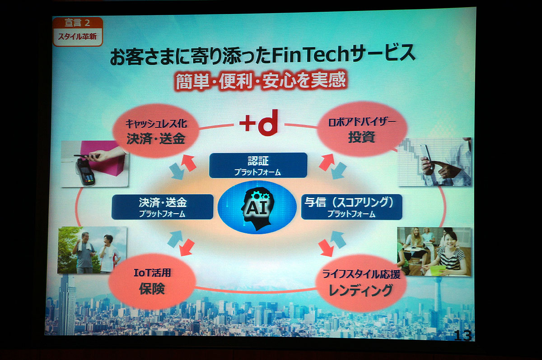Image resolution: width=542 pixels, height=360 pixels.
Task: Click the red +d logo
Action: click(x=258, y=122)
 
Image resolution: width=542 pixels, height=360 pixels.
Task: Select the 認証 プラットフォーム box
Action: click(x=258, y=165)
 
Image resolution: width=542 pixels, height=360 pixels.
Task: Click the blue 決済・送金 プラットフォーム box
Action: click(x=162, y=207)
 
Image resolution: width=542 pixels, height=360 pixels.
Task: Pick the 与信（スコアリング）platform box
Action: click(x=351, y=207)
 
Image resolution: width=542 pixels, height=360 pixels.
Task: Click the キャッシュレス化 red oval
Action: click(x=156, y=131)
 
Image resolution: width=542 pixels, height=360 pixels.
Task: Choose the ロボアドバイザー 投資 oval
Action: click(x=362, y=129)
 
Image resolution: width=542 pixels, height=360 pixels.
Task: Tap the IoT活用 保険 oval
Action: click(x=152, y=281)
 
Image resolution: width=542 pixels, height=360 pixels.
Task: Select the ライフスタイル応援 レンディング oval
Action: click(x=361, y=283)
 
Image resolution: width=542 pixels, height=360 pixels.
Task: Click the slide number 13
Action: click(x=463, y=336)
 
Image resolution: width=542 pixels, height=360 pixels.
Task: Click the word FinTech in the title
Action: click(x=310, y=55)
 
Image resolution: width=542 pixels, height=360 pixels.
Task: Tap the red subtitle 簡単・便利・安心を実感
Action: click(x=260, y=81)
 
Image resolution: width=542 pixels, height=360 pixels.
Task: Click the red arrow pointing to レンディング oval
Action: click(x=326, y=248)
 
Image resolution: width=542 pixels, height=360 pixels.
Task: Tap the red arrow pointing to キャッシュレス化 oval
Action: click(x=188, y=163)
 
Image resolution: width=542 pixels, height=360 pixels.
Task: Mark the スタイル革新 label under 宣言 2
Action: click(x=77, y=37)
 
